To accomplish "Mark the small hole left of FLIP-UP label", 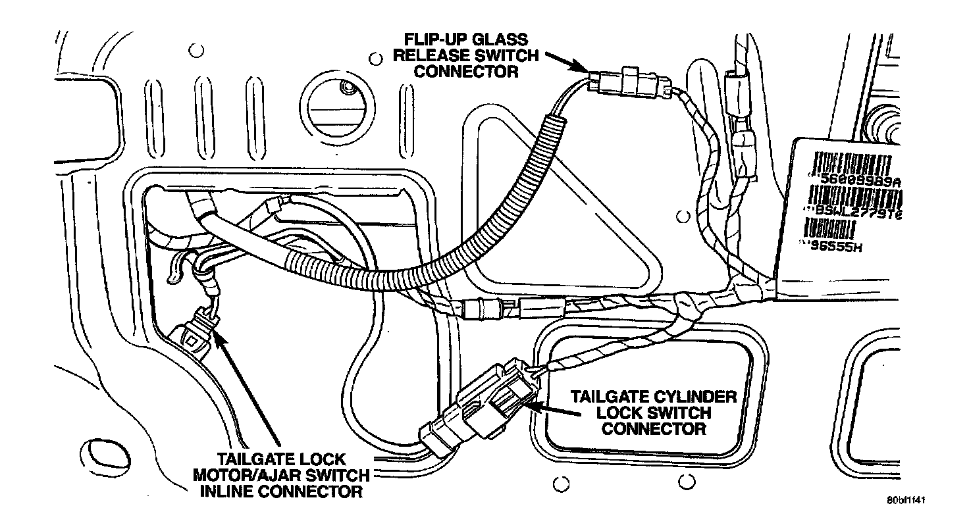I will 375,59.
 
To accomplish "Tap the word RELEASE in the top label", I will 432,55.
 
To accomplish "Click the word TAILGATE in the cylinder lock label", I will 606,397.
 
